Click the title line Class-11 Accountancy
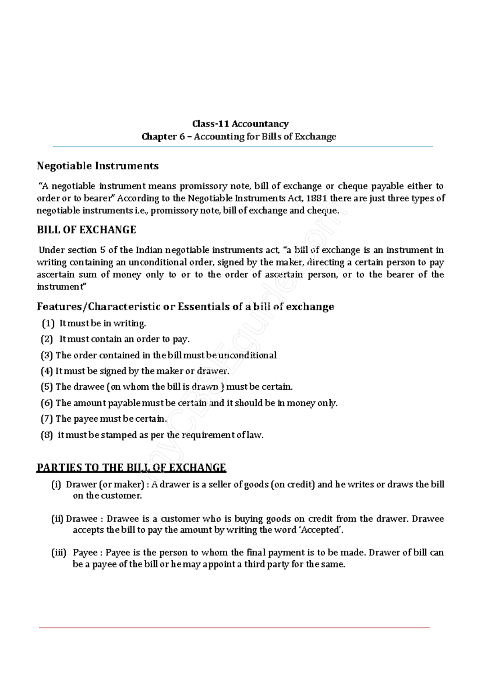(x=240, y=124)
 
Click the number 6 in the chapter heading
(x=182, y=137)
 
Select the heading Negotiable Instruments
(x=97, y=166)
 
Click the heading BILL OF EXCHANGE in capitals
(x=86, y=230)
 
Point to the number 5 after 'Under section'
(x=103, y=250)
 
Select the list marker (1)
(x=48, y=323)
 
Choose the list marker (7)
(x=46, y=419)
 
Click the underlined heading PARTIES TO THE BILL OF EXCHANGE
(x=131, y=467)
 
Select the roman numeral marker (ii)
(x=57, y=519)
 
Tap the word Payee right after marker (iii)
(x=85, y=553)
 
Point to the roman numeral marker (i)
(x=56, y=485)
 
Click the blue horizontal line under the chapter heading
(x=243, y=147)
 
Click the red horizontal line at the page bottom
(x=234, y=628)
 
